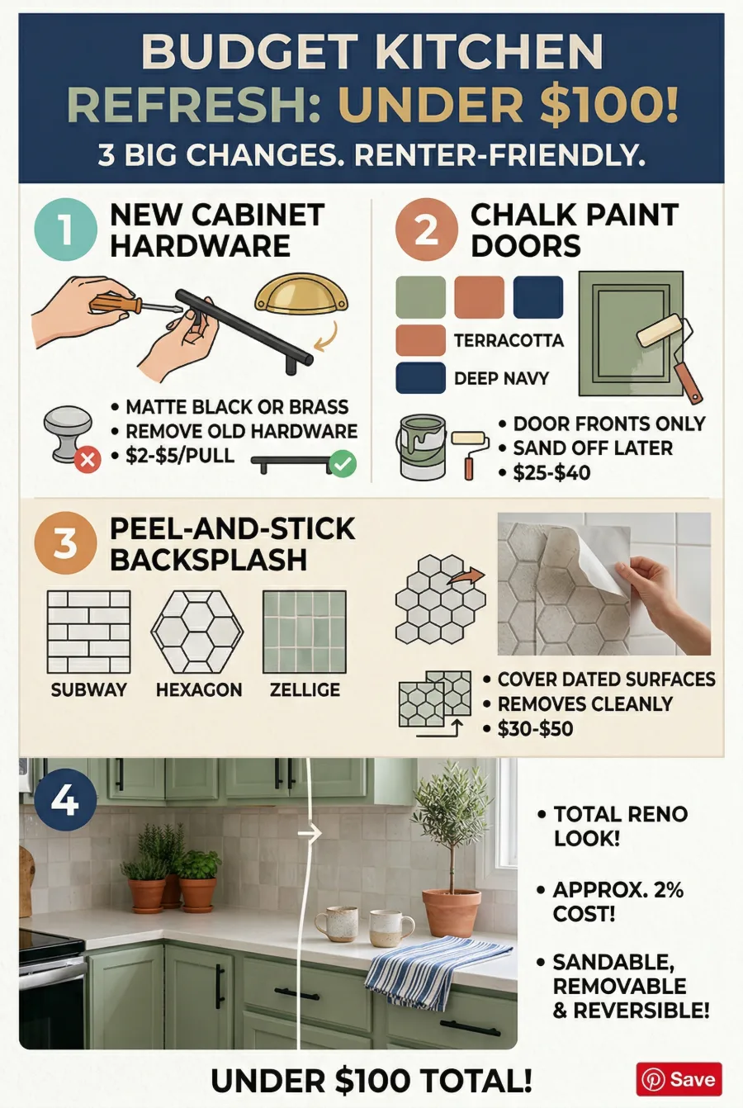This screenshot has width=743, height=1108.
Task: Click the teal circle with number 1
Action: point(66,230)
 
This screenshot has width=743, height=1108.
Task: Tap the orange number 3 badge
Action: point(66,542)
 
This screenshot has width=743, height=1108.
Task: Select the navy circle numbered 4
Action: point(65,799)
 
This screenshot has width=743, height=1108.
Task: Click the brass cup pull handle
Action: point(301,296)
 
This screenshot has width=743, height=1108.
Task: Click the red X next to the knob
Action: point(88,460)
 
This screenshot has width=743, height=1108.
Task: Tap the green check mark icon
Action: point(343,463)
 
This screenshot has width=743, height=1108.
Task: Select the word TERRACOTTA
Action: point(509,340)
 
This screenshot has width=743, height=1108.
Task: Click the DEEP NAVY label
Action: point(502,378)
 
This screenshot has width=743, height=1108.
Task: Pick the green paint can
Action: point(423,447)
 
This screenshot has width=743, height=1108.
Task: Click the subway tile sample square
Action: point(89,632)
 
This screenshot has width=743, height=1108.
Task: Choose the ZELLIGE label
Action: point(305,689)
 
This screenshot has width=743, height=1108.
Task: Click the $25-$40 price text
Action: point(551,472)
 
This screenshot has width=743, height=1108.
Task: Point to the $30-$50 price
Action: point(535,728)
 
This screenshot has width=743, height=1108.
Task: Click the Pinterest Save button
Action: point(679,1079)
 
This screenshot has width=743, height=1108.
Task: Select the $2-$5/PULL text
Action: point(180,455)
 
